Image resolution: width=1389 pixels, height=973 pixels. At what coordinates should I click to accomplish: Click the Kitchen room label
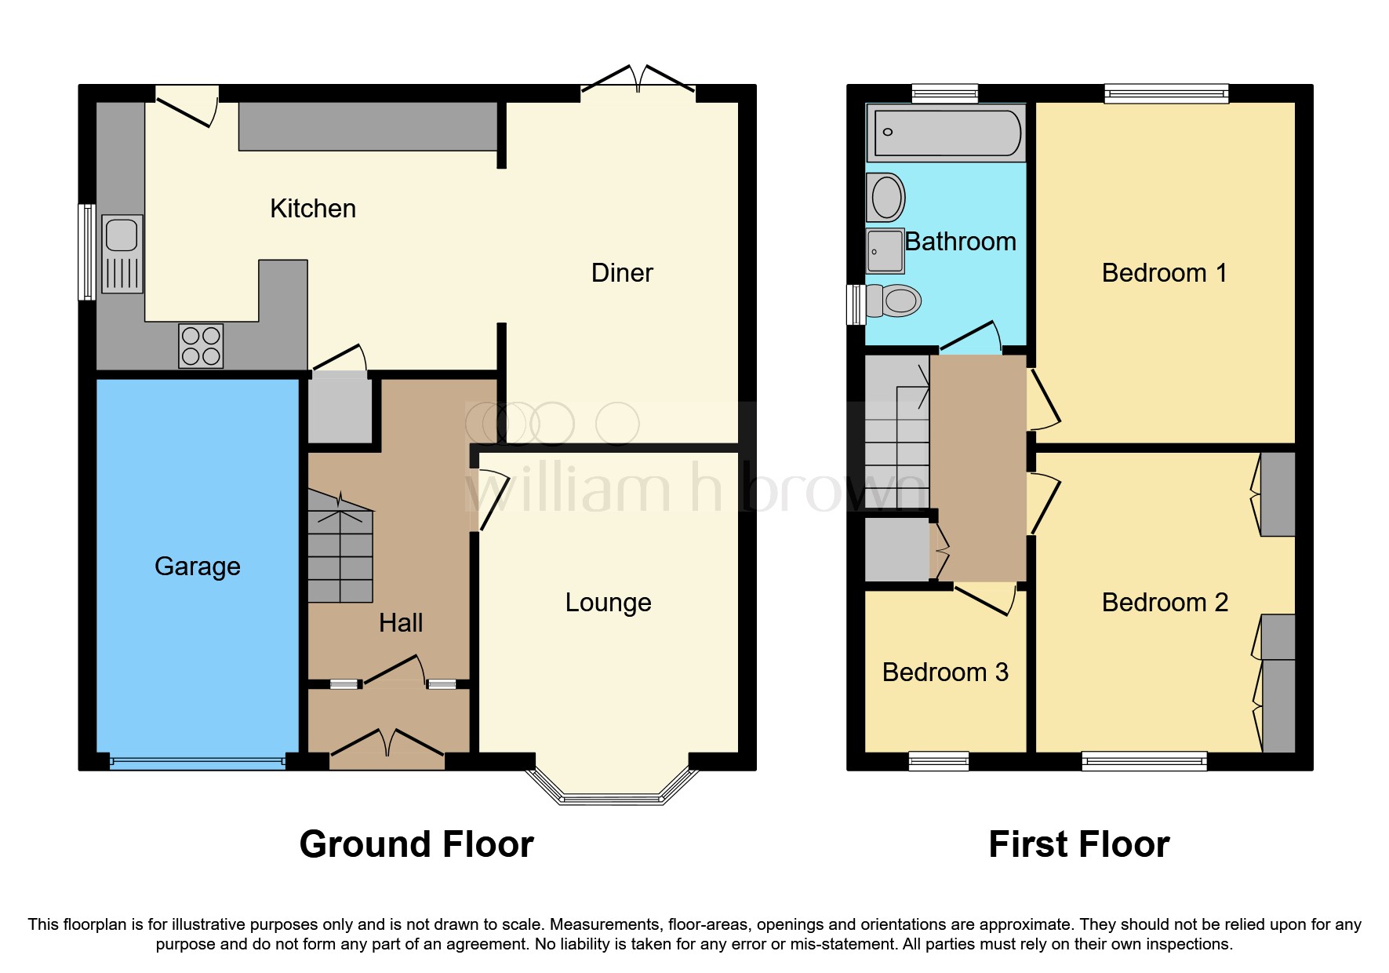tap(313, 209)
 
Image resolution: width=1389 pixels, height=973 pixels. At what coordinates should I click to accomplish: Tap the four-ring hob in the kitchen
tap(201, 346)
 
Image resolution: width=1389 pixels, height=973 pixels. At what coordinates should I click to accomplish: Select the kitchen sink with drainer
tap(122, 253)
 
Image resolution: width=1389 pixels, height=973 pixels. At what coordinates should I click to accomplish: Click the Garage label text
tap(197, 567)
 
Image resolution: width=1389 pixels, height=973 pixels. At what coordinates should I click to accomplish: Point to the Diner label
tap(621, 273)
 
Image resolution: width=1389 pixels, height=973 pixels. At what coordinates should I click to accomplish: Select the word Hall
tap(401, 623)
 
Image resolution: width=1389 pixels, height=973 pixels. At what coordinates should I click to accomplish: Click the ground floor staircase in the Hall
tap(340, 549)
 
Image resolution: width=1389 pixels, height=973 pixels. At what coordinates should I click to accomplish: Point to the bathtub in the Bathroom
tap(947, 133)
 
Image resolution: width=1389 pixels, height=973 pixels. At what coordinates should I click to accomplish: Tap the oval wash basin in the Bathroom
tap(886, 197)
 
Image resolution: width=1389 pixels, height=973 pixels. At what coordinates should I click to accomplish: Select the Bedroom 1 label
tap(1164, 273)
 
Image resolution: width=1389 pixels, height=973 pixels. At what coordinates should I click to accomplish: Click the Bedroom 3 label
tap(945, 672)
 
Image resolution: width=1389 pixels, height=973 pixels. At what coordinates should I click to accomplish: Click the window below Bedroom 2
tap(1144, 760)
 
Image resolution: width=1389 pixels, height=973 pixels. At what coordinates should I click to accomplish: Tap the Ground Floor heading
tap(416, 845)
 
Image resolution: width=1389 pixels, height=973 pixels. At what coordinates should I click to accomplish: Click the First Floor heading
tap(1078, 845)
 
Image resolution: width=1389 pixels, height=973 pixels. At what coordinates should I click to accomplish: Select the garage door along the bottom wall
tap(198, 762)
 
